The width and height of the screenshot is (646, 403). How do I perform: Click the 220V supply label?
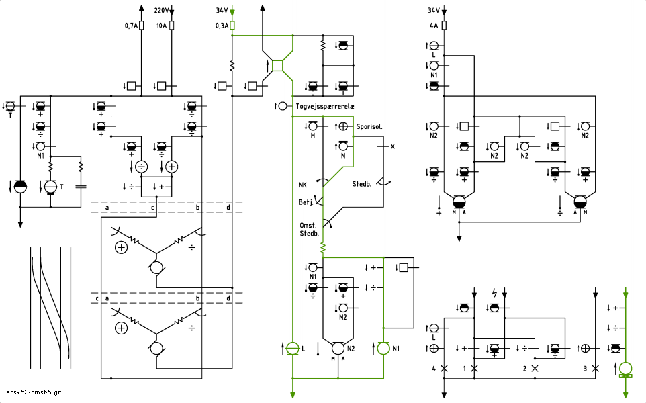point(161,10)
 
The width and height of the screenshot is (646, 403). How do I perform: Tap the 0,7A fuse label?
point(131,26)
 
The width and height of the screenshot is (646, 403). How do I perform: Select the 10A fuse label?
point(161,26)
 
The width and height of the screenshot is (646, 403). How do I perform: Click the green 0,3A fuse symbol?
point(232,26)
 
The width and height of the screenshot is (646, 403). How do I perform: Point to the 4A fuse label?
point(434,26)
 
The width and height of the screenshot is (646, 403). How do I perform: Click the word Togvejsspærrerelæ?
point(325,106)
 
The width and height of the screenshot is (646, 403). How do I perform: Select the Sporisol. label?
point(369,126)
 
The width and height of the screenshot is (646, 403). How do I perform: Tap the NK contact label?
point(303,185)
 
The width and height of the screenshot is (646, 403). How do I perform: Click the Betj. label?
point(306,202)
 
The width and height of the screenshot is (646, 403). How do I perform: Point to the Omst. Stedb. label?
point(309,230)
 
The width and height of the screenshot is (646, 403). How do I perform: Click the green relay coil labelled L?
point(293,348)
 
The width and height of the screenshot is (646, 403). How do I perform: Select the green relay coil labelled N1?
point(383,348)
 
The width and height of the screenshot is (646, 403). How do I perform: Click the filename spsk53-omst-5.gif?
point(34,392)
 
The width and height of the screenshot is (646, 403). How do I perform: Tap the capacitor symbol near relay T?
point(81,186)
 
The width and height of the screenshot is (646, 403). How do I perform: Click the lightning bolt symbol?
point(494,293)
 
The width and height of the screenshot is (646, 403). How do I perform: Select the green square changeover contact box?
point(278,66)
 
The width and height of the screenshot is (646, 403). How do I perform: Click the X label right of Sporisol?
point(392,146)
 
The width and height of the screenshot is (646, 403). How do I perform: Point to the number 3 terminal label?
point(585,369)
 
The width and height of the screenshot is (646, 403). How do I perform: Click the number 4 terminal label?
point(434,369)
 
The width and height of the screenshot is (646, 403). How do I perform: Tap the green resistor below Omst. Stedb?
point(323,248)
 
